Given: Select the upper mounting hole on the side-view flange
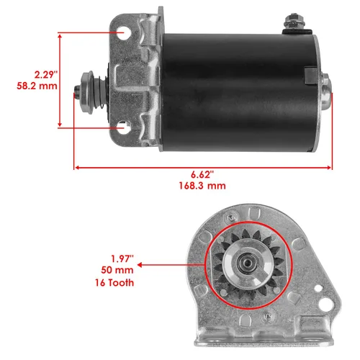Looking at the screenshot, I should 125,34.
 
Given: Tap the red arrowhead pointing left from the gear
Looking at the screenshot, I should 141,265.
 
